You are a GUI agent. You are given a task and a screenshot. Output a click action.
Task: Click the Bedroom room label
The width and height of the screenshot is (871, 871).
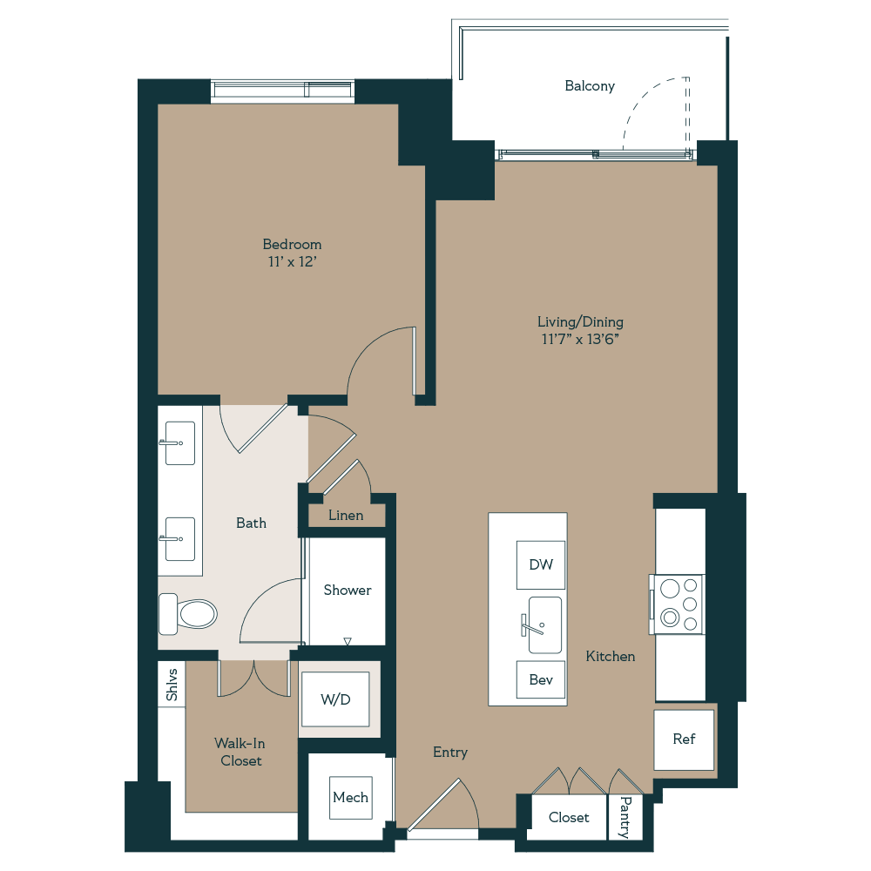coord(292,245)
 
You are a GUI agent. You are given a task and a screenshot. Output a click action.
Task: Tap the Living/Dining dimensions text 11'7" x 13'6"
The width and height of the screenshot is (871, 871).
coord(580,339)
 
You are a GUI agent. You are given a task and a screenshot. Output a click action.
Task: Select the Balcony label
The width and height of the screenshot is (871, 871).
coord(590,86)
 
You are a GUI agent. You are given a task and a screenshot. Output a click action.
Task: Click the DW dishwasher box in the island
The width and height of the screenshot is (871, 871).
coord(541,564)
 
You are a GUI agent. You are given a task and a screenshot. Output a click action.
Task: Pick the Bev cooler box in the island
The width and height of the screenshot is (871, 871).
coord(541,679)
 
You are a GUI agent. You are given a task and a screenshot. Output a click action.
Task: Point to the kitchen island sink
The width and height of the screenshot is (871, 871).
coord(544,625)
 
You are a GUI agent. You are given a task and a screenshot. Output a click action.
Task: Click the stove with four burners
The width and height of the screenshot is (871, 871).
coord(679,603)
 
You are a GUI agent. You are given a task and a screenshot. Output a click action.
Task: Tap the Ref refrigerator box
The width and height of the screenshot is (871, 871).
coord(684,739)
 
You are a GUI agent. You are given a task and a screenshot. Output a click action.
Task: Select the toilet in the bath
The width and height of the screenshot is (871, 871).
coord(188,614)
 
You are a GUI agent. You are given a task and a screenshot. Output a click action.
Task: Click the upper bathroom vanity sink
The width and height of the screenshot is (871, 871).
coord(180,443)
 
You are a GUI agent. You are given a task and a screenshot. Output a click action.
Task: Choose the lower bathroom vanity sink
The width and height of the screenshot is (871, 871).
coord(180,539)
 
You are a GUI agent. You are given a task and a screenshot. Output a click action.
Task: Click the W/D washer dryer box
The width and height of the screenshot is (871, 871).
coord(335,699)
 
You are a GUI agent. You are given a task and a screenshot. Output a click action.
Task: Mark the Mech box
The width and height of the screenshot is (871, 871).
coord(350,797)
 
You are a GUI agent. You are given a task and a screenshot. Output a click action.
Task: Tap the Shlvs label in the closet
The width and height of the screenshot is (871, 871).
coord(172,685)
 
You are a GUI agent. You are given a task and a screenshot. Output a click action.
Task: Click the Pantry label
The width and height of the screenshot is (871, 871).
coord(625,817)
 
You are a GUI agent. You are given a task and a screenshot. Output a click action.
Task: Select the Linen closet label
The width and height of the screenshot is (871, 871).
coord(346,516)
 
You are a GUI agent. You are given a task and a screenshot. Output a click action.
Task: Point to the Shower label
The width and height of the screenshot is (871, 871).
coord(348,591)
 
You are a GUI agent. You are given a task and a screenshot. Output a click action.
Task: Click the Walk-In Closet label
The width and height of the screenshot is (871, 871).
coord(240,752)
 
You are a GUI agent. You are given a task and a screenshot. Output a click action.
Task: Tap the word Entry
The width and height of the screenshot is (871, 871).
coord(450,753)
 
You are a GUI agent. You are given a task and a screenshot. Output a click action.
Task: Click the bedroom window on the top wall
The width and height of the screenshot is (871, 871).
coord(283,91)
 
